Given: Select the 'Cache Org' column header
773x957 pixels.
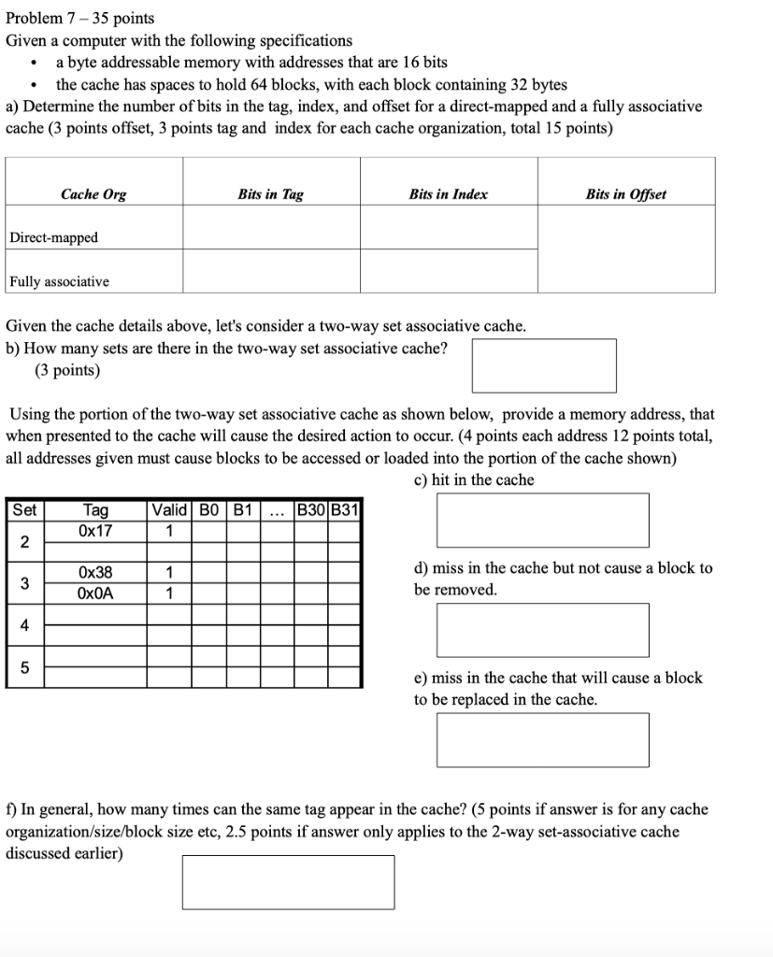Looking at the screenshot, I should point(93,194).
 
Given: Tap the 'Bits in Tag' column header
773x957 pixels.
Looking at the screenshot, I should point(270,194).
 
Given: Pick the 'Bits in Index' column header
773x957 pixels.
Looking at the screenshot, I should point(448,194).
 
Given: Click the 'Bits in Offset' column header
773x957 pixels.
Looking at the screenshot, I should point(625,194).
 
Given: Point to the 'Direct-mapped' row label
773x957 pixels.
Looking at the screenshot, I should point(54,237).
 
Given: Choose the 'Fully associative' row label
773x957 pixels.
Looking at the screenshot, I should point(60,281).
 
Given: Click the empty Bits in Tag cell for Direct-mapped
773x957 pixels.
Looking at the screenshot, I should point(271,227).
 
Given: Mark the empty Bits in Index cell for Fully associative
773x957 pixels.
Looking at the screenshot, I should point(448,271).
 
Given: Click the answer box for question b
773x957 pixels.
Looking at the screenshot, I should point(543,365).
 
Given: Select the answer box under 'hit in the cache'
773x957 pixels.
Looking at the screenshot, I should point(542,520).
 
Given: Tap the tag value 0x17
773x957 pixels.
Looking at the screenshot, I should point(95,531).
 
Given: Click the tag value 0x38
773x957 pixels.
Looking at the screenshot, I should point(95,572).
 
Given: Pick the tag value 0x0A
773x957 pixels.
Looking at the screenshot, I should point(95,593).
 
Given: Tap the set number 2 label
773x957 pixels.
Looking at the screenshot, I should point(25,542).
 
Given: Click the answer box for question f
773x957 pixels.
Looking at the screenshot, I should point(288,882).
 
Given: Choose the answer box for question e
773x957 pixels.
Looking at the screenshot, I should point(542,739).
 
